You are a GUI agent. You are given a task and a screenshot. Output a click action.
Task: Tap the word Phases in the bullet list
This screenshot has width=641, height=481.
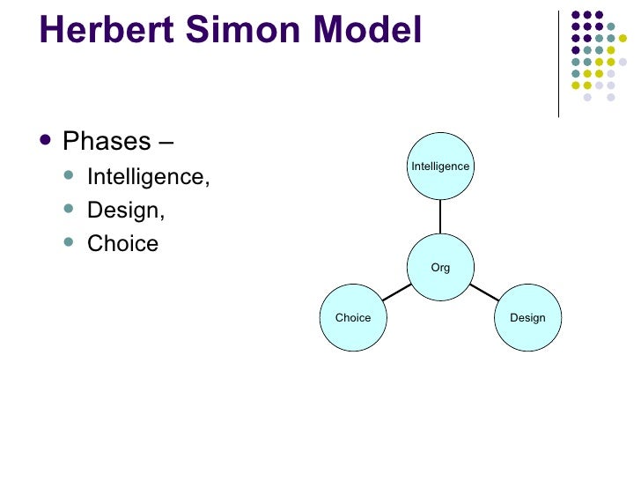(x=107, y=142)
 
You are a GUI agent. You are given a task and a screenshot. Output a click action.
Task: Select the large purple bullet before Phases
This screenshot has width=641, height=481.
(x=46, y=140)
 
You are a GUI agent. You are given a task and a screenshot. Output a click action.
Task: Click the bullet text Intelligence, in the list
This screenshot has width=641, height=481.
(x=149, y=176)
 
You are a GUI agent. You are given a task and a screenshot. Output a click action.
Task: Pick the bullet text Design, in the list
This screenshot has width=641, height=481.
(x=126, y=210)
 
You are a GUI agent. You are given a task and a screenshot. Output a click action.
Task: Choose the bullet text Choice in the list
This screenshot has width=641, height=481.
(x=122, y=243)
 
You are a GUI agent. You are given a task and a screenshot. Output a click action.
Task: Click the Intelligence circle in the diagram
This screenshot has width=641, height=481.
(x=440, y=166)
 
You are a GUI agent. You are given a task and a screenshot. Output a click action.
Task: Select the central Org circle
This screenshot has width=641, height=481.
(x=440, y=267)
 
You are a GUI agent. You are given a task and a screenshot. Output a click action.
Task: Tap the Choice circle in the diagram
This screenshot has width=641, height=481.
(x=353, y=317)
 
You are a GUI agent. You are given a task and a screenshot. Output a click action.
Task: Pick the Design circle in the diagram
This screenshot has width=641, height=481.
(x=527, y=317)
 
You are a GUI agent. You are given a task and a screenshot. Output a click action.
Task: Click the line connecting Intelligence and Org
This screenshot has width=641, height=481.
(x=440, y=217)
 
